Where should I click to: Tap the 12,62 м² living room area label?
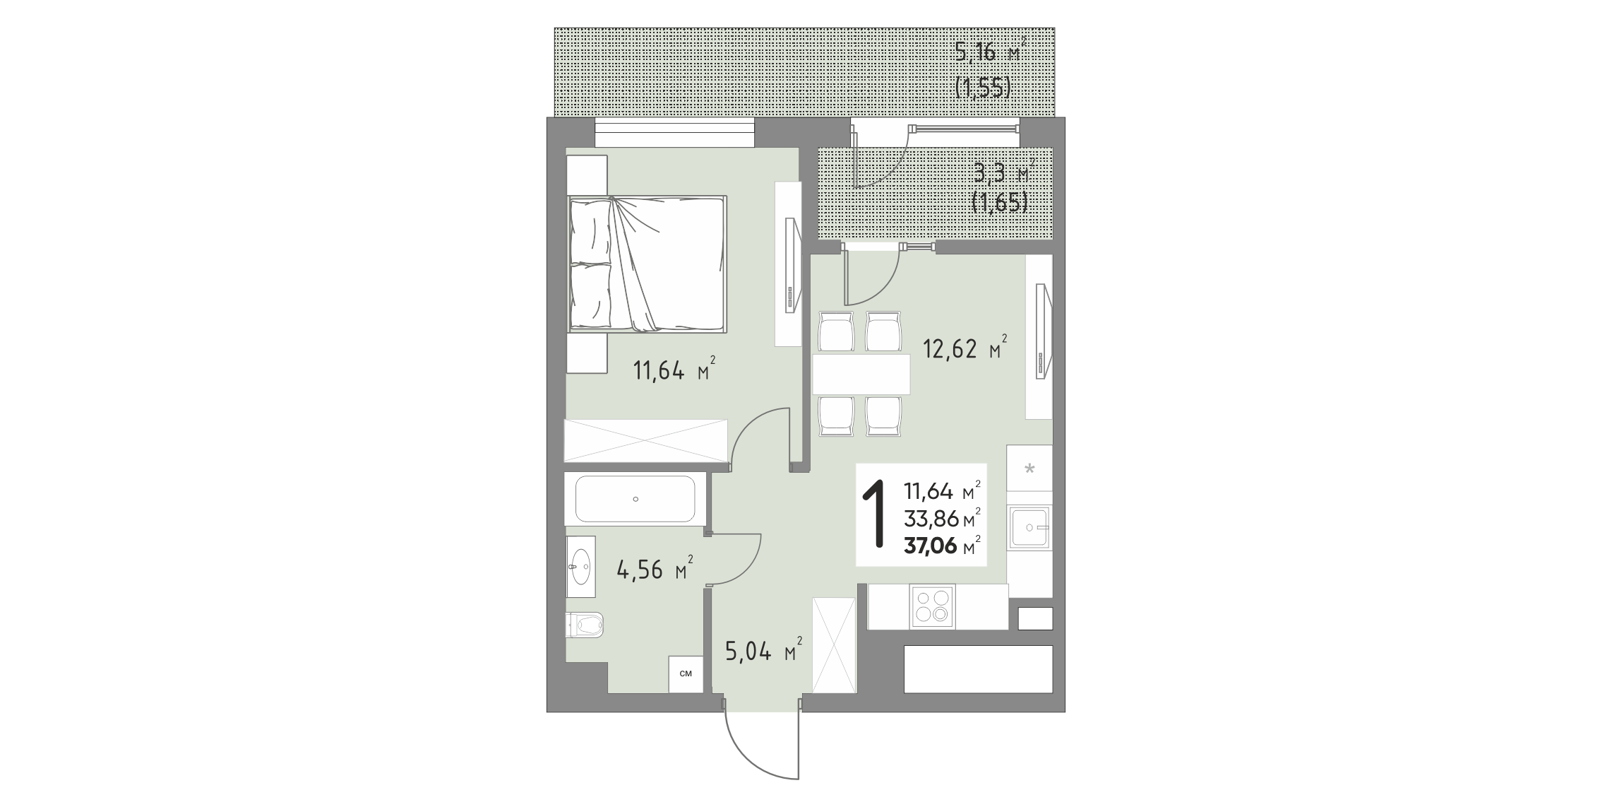(x=966, y=348)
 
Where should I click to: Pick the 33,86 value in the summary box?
(x=931, y=519)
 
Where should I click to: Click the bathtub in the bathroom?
(x=635, y=499)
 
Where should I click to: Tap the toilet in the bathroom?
(x=585, y=625)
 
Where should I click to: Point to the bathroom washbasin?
(x=580, y=567)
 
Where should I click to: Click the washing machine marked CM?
(x=686, y=674)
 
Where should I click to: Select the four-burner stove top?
(x=931, y=606)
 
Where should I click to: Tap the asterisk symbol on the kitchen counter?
(x=1029, y=468)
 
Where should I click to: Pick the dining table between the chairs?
(x=861, y=375)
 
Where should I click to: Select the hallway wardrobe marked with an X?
(x=834, y=645)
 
